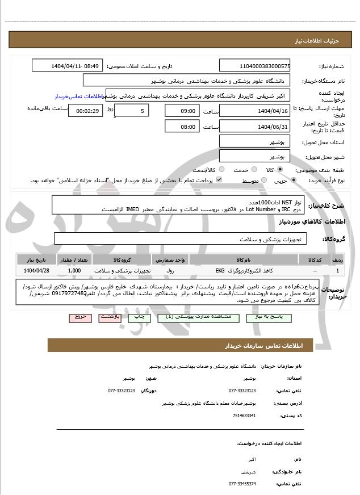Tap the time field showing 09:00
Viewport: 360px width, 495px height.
click(183, 111)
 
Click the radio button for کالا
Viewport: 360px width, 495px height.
click(280, 170)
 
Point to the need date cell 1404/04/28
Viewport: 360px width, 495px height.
click(37, 271)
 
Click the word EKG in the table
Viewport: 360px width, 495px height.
click(220, 271)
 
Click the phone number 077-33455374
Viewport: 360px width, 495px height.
click(242, 484)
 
